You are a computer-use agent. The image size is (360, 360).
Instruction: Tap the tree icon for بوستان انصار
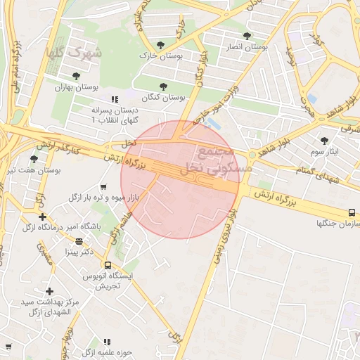[246, 35]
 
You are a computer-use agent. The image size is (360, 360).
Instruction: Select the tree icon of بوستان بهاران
[76, 76]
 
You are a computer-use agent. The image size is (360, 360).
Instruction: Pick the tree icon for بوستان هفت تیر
[34, 160]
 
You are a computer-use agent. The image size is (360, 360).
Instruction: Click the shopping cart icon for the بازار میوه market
[104, 187]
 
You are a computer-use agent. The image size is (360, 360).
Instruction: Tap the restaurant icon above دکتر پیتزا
[79, 240]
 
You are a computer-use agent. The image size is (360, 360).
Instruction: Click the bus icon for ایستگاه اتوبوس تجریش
[108, 265]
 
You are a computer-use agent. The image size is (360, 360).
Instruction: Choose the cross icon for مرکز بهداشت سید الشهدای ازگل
[49, 291]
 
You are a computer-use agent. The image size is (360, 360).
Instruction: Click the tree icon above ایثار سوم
[324, 141]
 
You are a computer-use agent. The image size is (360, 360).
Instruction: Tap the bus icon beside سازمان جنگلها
[352, 212]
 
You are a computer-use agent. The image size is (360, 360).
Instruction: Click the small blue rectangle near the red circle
[213, 124]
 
